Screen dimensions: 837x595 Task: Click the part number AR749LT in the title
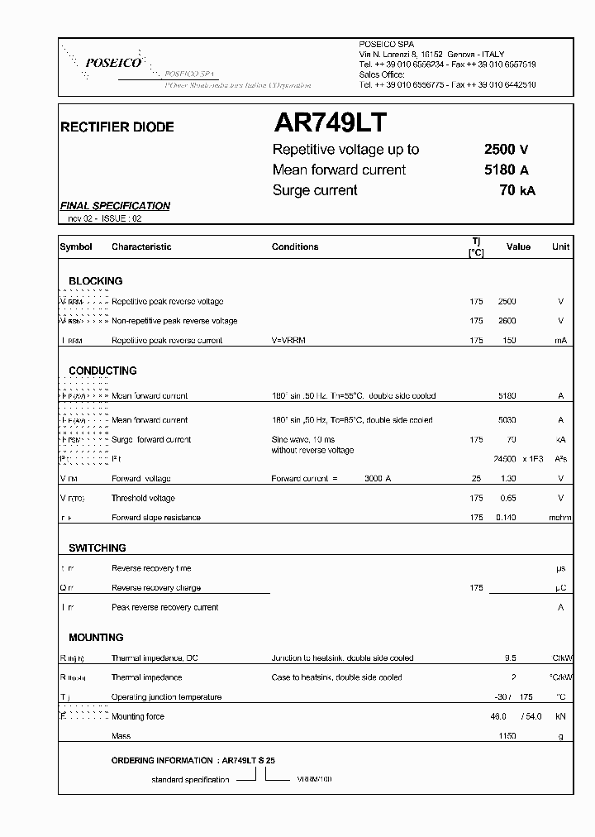(x=328, y=123)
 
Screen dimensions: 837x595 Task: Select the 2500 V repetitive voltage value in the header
(x=506, y=150)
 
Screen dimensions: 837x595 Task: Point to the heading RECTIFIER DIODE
(x=117, y=127)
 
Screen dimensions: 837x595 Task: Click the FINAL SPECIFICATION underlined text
(x=115, y=206)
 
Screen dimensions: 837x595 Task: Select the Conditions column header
(x=294, y=246)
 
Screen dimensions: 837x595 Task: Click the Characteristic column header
(x=141, y=246)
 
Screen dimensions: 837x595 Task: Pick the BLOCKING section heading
(x=95, y=281)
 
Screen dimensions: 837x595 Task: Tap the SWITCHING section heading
(x=97, y=548)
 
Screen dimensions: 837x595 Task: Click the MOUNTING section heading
(x=96, y=638)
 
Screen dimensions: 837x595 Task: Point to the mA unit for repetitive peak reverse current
(x=561, y=340)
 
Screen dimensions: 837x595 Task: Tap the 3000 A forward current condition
(x=378, y=479)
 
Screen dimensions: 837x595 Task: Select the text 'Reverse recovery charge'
(x=155, y=588)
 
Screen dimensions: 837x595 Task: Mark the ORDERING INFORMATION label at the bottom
(x=163, y=759)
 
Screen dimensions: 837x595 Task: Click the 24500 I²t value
(x=503, y=459)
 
